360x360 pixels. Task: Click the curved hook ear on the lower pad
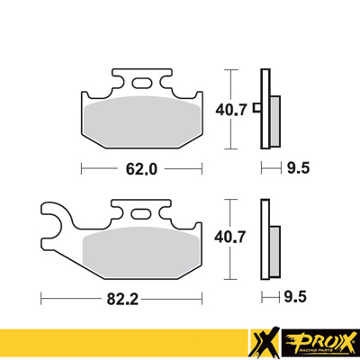(x=57, y=216)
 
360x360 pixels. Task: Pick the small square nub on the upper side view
(x=257, y=109)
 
